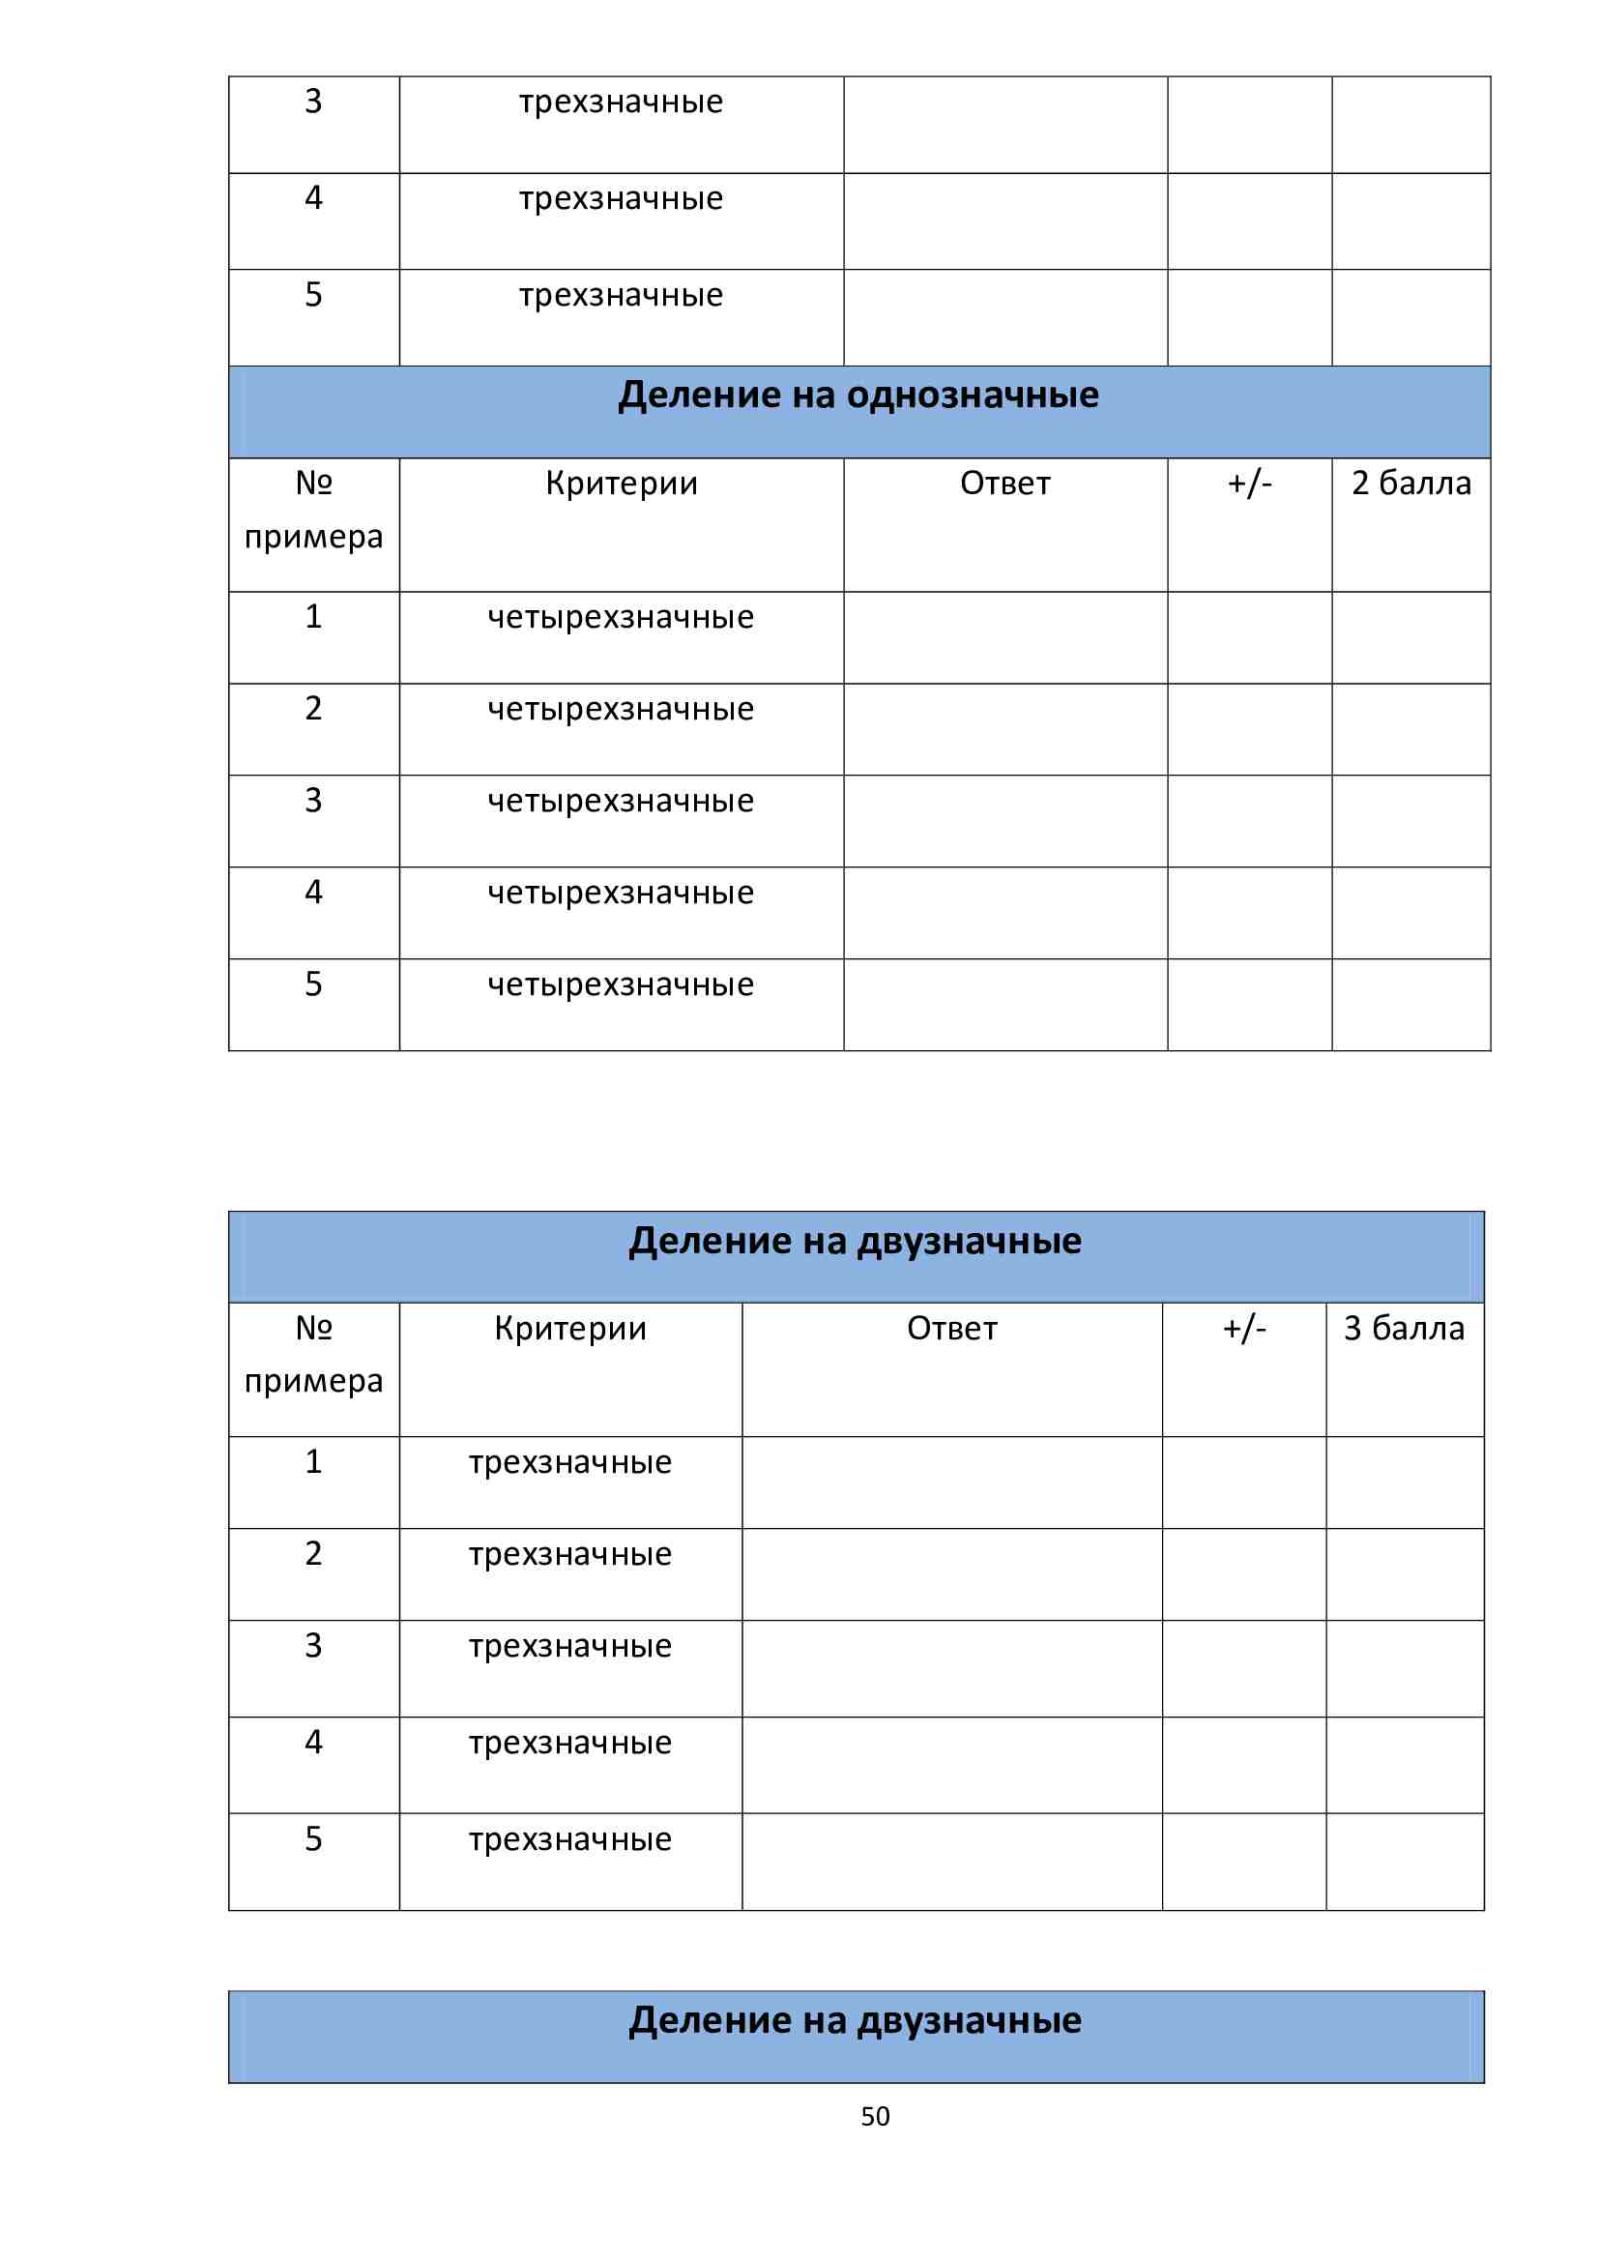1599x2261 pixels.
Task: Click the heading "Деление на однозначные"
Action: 858,395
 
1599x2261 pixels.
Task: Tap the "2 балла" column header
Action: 1410,484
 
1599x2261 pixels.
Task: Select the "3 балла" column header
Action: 1403,1329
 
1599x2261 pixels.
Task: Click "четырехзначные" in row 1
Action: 621,617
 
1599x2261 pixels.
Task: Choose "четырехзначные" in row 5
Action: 621,984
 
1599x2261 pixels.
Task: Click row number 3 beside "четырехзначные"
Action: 313,801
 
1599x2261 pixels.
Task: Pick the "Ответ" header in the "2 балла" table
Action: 1004,484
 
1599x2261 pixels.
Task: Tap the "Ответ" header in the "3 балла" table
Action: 951,1329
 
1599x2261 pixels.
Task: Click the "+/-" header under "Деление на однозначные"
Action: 1248,484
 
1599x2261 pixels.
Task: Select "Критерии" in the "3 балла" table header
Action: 570,1329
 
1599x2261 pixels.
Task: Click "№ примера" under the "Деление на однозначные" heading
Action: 313,509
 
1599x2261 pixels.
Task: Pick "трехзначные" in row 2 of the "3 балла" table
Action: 570,1554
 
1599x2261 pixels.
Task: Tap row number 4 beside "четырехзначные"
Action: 313,893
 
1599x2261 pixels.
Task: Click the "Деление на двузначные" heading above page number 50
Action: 855,2021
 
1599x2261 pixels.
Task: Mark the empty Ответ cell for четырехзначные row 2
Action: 1004,729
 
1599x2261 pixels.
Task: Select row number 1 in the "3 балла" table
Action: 313,1461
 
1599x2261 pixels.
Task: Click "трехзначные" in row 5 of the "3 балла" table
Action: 570,1839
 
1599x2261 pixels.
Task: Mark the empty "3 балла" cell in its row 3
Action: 1403,1668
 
